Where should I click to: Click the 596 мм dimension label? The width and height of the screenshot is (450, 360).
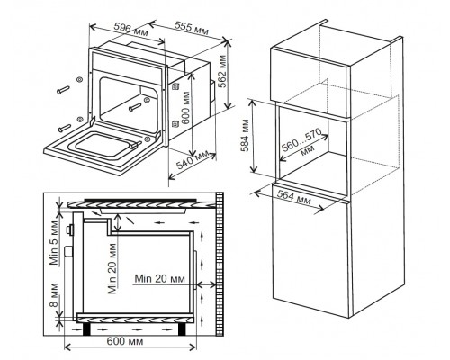(130, 30)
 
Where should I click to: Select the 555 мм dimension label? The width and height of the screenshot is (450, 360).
(192, 29)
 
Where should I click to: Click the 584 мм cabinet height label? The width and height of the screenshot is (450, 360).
(246, 135)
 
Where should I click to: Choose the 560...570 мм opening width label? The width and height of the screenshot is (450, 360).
(303, 141)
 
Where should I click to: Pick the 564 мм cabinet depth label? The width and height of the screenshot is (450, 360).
(293, 197)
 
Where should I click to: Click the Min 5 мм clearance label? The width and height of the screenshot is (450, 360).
(54, 243)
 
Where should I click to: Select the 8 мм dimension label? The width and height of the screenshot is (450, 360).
(54, 294)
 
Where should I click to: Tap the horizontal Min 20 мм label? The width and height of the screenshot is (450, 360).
(159, 279)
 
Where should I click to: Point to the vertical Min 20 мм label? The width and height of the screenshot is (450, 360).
(112, 268)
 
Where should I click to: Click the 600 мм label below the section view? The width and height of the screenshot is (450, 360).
(125, 341)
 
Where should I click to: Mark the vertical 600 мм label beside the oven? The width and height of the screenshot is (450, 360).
(185, 108)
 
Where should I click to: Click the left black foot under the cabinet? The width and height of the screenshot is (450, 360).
(87, 328)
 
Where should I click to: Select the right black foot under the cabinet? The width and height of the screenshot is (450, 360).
(183, 328)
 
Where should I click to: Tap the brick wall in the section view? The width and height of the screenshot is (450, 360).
(220, 264)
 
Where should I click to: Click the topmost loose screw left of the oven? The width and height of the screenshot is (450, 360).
(63, 90)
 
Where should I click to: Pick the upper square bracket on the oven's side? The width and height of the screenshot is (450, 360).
(175, 87)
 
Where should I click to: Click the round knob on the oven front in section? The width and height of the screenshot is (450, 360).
(71, 230)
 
